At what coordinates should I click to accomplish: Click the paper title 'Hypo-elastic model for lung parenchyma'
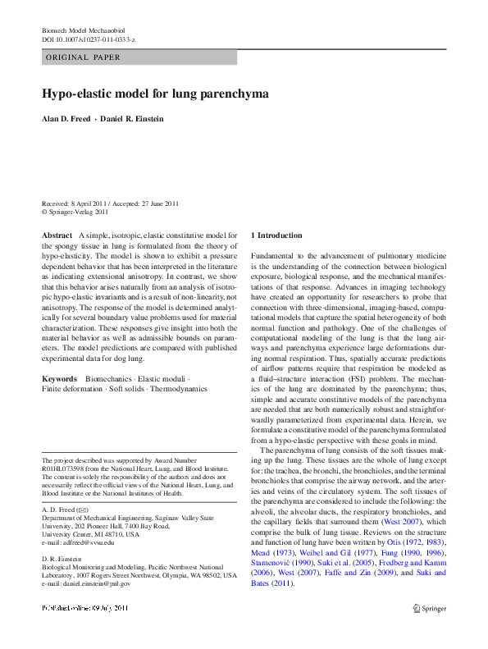pos(155,94)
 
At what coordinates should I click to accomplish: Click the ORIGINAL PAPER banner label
pos(83,57)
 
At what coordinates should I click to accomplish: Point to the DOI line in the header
pos(89,39)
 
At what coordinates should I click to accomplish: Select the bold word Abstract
pos(57,235)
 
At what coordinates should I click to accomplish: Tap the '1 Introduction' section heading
pos(276,235)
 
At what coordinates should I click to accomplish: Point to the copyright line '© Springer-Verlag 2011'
pos(75,211)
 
